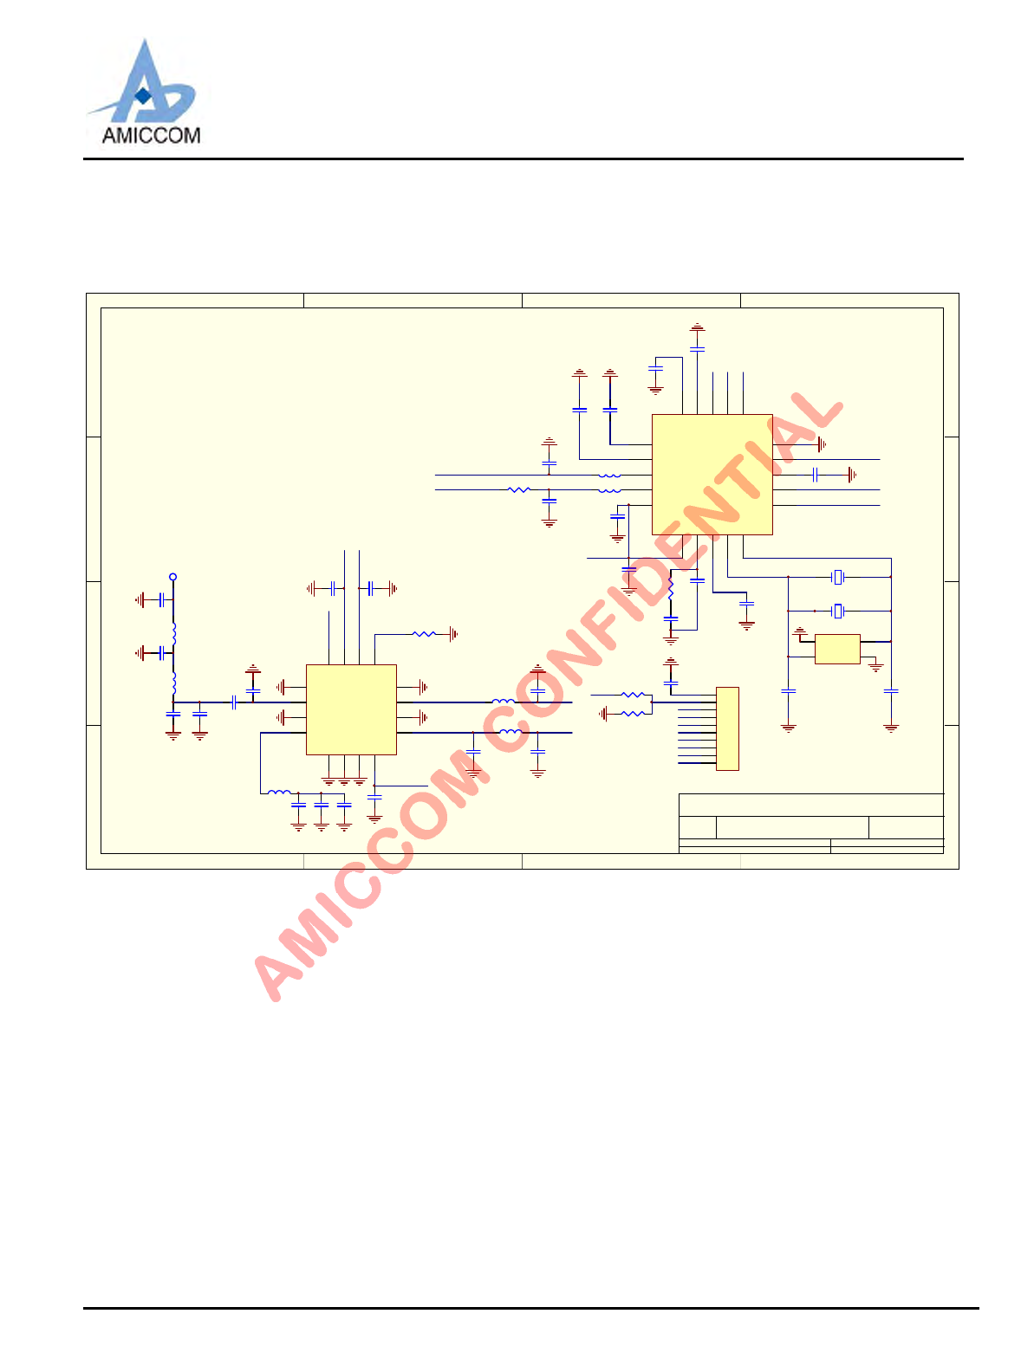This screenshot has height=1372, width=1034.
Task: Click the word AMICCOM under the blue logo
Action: click(151, 135)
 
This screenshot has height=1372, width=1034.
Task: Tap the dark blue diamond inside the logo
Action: click(143, 95)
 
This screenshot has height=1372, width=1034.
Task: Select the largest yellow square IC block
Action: click(712, 474)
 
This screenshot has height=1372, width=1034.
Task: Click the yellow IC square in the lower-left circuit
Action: click(351, 709)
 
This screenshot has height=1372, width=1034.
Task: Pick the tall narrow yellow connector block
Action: click(727, 728)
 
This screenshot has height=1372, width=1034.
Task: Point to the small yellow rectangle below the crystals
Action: click(837, 649)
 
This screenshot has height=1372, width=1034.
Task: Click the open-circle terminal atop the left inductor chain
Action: click(173, 577)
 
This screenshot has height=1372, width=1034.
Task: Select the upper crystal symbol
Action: click(837, 577)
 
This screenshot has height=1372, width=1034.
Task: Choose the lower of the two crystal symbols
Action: click(837, 612)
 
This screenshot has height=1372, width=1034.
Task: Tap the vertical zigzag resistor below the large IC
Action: click(671, 589)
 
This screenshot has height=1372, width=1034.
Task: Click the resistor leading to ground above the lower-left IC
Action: click(424, 634)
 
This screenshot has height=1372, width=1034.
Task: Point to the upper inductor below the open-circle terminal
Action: click(173, 631)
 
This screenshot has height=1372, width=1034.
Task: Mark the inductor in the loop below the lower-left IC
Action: click(279, 792)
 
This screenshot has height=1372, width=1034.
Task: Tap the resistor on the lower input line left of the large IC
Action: click(518, 490)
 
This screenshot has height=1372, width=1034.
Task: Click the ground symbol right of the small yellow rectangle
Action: click(876, 667)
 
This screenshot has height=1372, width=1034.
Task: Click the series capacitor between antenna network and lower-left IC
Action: click(234, 702)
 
